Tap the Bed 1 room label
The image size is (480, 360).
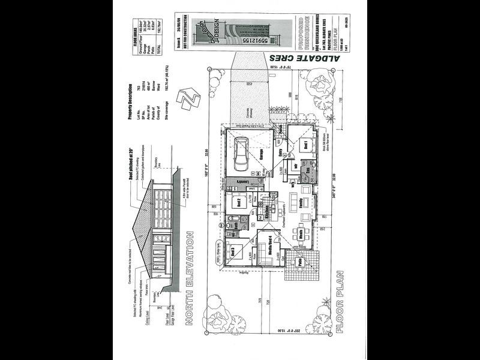[305, 146]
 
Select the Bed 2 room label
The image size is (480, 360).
[238, 201]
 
